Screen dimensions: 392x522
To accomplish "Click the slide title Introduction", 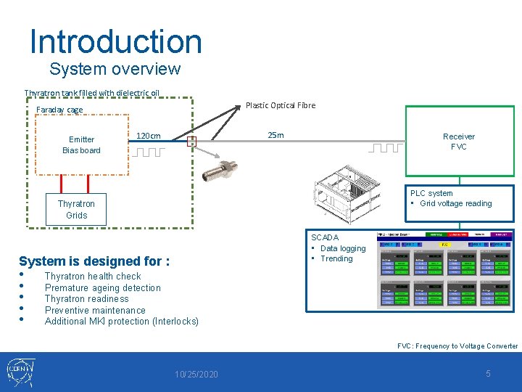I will coord(115,41).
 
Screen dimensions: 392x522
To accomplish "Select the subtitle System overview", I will coord(115,69).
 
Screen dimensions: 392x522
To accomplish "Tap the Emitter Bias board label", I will coord(81,144).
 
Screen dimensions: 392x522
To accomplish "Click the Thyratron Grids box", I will coord(76,209).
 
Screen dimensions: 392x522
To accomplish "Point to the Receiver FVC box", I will coord(458,142).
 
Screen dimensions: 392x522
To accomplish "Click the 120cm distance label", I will coord(148,136).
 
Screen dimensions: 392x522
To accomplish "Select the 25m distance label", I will coord(275,135).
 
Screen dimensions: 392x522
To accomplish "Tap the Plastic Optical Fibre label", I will coord(280,105).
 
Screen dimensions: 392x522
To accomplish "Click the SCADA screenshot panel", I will coord(444,270).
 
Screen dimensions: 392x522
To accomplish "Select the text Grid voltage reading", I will coord(455,204).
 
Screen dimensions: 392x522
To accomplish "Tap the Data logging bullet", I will coord(342,248).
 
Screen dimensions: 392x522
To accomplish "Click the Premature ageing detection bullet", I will coord(102,287).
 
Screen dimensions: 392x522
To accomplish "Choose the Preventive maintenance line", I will coord(95,310).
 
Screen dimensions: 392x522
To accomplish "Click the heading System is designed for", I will coord(94,261).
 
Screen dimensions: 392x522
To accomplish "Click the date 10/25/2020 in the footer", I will coord(196,374).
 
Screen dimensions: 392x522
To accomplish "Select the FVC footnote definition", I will coord(457,346).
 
